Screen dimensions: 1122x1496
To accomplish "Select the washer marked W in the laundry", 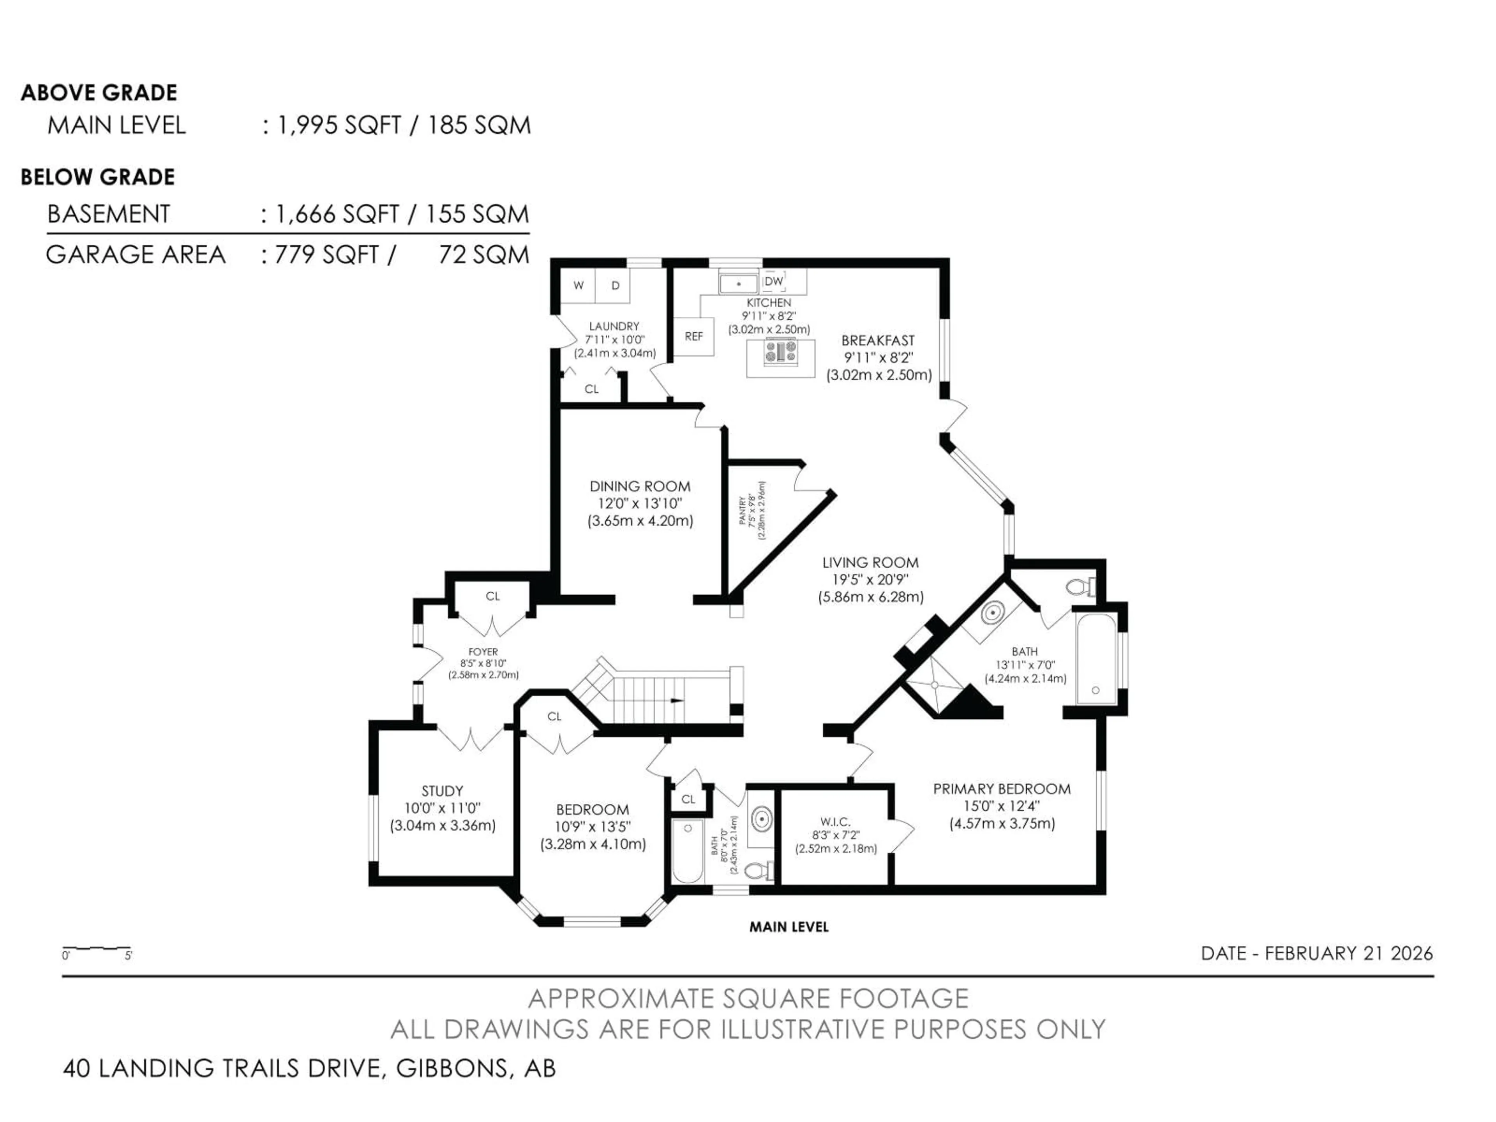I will coord(578,286).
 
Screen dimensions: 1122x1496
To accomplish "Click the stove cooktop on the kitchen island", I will coord(780,352).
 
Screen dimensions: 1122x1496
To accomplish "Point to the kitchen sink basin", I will coord(739,283).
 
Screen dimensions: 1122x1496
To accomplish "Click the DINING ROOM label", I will coord(640,486).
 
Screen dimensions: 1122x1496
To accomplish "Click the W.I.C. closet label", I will coord(835,822).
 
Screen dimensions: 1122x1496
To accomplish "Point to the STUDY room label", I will coord(442,790).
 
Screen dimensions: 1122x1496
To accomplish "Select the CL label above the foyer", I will coord(492,596).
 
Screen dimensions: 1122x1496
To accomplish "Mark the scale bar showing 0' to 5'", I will coord(97,950).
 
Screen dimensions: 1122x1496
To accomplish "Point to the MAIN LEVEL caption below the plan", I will coord(789,927).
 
